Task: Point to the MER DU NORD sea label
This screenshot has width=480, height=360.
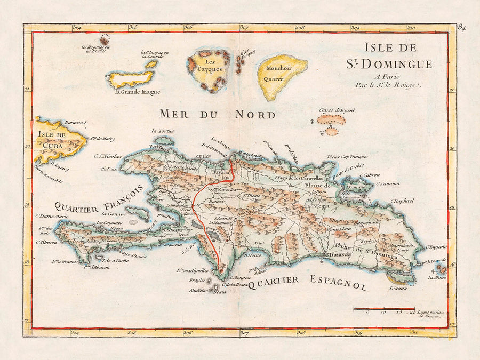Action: pyautogui.click(x=218, y=114)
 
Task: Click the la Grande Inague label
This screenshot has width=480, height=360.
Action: pyautogui.click(x=137, y=92)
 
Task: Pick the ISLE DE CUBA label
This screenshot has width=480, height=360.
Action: pyautogui.click(x=52, y=140)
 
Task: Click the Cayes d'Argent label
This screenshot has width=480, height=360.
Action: pyautogui.click(x=337, y=110)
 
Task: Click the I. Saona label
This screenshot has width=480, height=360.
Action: pyautogui.click(x=398, y=289)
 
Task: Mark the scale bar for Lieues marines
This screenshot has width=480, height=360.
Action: pyautogui.click(x=384, y=308)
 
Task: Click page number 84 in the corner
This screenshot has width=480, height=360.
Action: pyautogui.click(x=461, y=28)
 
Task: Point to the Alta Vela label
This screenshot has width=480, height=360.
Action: pyautogui.click(x=197, y=290)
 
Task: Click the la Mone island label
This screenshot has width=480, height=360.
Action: pyautogui.click(x=437, y=278)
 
